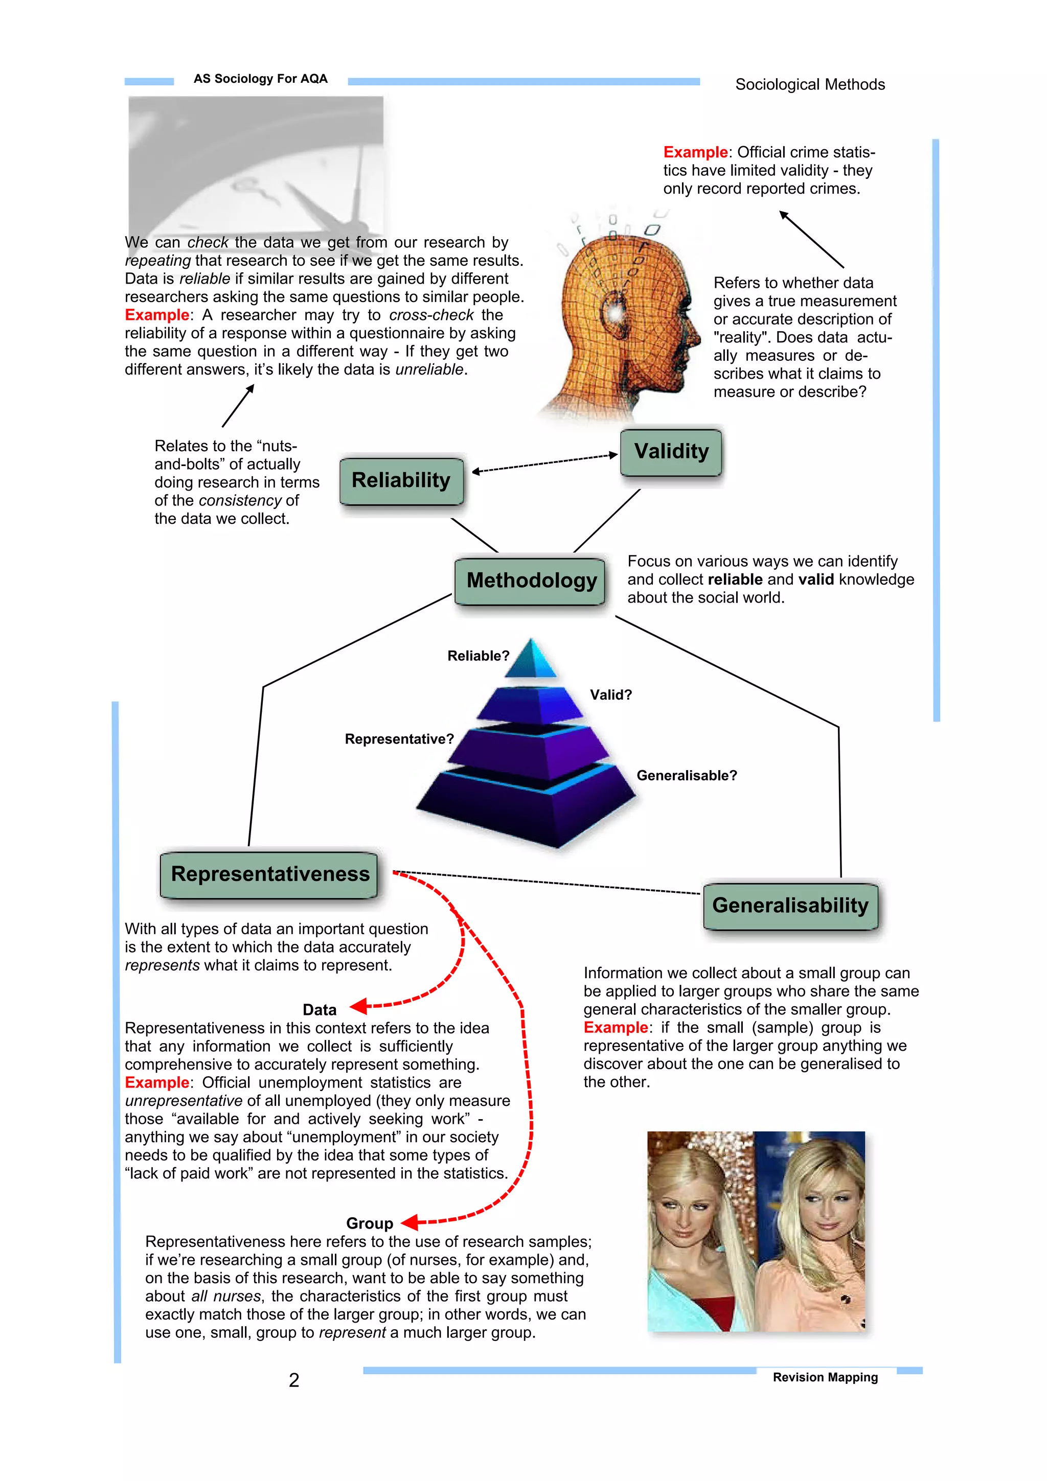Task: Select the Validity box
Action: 671,452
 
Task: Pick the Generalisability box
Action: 790,906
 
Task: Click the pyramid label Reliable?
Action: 478,656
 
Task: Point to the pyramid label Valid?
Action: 611,695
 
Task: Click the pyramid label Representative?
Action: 399,739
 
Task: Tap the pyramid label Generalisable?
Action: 687,775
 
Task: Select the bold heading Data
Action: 320,1010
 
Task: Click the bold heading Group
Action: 370,1223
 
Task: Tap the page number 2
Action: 294,1380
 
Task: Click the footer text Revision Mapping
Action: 825,1377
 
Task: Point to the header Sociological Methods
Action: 810,84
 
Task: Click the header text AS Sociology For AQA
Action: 261,79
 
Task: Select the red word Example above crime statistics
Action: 695,152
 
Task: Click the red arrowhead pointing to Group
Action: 409,1222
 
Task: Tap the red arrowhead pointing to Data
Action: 358,1006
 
